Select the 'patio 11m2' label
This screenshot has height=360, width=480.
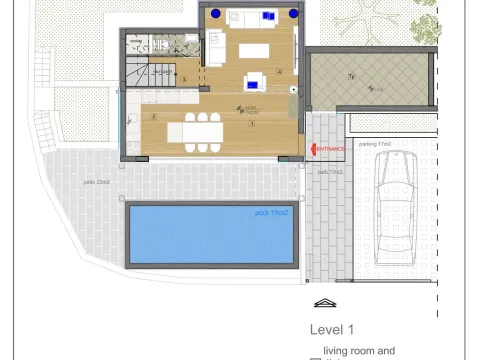tap(330, 172)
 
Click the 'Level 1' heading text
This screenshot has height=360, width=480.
tap(332, 329)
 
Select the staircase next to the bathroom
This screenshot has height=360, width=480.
tap(139, 72)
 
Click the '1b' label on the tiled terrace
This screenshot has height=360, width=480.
tap(351, 76)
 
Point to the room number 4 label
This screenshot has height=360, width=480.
tap(280, 72)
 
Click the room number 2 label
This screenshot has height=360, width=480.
tap(154, 117)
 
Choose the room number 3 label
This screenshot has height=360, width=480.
tap(184, 80)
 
